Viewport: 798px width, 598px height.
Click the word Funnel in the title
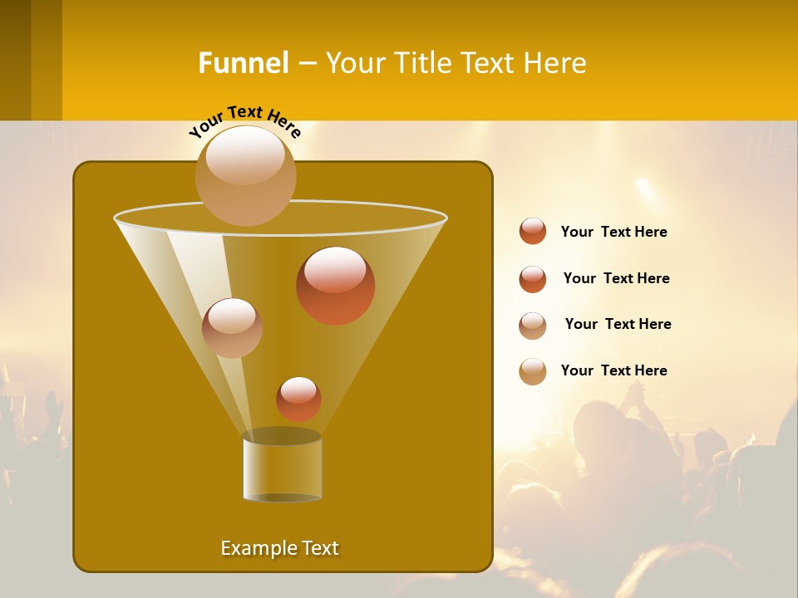click(x=244, y=63)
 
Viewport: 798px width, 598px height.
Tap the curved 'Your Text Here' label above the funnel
click(x=245, y=120)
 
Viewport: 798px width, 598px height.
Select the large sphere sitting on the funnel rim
click(x=246, y=175)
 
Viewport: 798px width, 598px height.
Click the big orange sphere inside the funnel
click(x=335, y=285)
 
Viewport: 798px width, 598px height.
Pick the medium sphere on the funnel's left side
click(x=232, y=327)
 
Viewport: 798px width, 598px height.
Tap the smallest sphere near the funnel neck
click(x=298, y=399)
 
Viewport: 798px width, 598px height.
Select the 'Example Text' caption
click(x=279, y=548)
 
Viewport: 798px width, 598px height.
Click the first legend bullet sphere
click(x=533, y=231)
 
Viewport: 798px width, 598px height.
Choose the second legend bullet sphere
click(x=533, y=279)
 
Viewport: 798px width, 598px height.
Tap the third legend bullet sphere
click(x=533, y=325)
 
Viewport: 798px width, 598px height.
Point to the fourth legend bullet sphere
click(x=533, y=371)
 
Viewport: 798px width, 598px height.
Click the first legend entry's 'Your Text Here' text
click(x=613, y=232)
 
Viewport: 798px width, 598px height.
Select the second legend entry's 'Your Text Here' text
click(x=616, y=278)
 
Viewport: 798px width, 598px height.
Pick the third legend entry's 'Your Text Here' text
click(x=618, y=324)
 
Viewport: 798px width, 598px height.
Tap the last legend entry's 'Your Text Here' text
click(x=613, y=370)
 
